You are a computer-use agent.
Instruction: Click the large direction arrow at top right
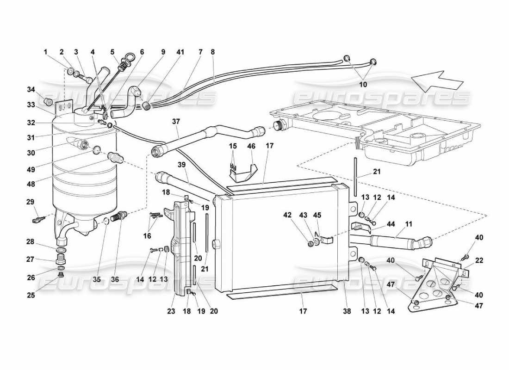click(437, 80)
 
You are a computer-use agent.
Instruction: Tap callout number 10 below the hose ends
click(363, 85)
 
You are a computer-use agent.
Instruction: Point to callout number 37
click(175, 121)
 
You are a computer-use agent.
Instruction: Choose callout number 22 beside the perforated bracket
click(478, 260)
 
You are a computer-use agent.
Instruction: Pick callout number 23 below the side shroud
click(171, 311)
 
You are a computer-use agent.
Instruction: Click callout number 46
click(251, 146)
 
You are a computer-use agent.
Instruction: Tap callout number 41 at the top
click(180, 52)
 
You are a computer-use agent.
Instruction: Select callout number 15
click(232, 146)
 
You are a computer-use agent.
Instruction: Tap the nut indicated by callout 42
click(310, 244)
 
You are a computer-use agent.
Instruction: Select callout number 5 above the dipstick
click(112, 52)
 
